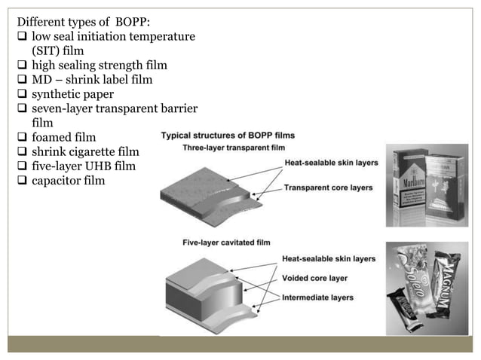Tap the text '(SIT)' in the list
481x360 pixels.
[47, 50]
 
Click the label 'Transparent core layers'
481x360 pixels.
[328, 187]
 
